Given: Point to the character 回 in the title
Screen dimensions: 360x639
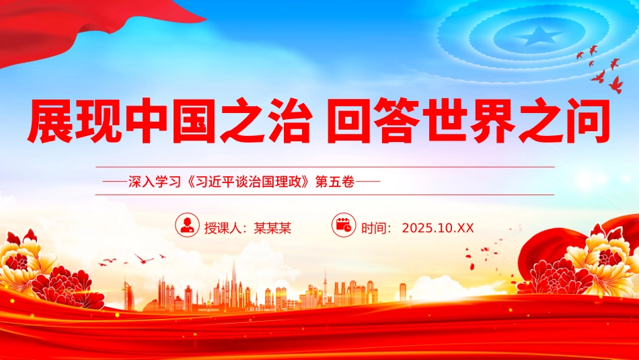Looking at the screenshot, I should tap(352, 121).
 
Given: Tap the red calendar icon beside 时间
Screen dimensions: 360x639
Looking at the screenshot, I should tap(344, 225).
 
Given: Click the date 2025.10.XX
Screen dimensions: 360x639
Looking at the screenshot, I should tap(438, 227).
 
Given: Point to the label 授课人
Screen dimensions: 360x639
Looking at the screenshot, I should tap(225, 227).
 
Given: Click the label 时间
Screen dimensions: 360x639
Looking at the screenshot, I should tap(376, 227).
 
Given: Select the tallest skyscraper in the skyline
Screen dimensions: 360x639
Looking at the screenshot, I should tap(233, 283).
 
